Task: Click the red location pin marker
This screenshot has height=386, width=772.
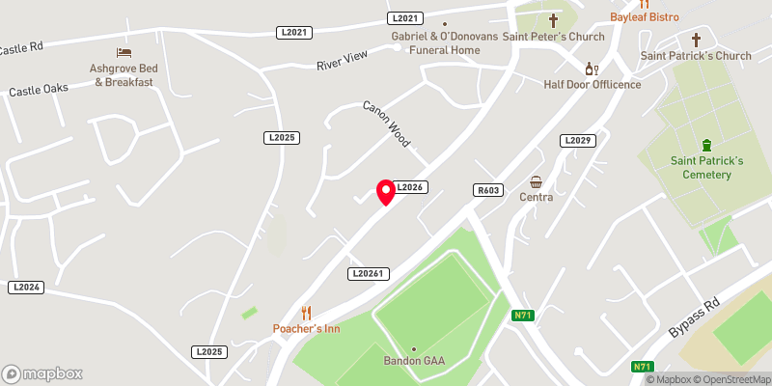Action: (386, 191)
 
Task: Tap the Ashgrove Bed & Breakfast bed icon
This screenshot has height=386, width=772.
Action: (123, 52)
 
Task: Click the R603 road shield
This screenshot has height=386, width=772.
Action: (487, 191)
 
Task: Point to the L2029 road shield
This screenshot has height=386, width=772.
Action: (576, 141)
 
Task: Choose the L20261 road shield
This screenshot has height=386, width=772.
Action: (368, 274)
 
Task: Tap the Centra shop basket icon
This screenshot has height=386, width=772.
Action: (537, 181)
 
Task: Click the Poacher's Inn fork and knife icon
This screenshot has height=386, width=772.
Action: (307, 312)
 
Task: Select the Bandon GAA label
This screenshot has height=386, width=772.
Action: (414, 361)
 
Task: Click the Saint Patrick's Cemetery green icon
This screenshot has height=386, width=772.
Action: (707, 145)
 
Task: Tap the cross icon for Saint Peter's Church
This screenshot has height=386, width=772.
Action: (554, 20)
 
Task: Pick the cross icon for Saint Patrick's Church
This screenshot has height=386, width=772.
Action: (696, 40)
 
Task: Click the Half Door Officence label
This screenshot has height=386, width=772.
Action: (592, 84)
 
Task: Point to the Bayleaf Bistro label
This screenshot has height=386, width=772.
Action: (645, 17)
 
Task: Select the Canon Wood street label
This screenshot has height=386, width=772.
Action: (387, 124)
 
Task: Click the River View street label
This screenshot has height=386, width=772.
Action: (343, 62)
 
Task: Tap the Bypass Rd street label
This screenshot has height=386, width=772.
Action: (696, 317)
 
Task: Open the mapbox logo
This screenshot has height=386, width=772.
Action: (41, 373)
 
